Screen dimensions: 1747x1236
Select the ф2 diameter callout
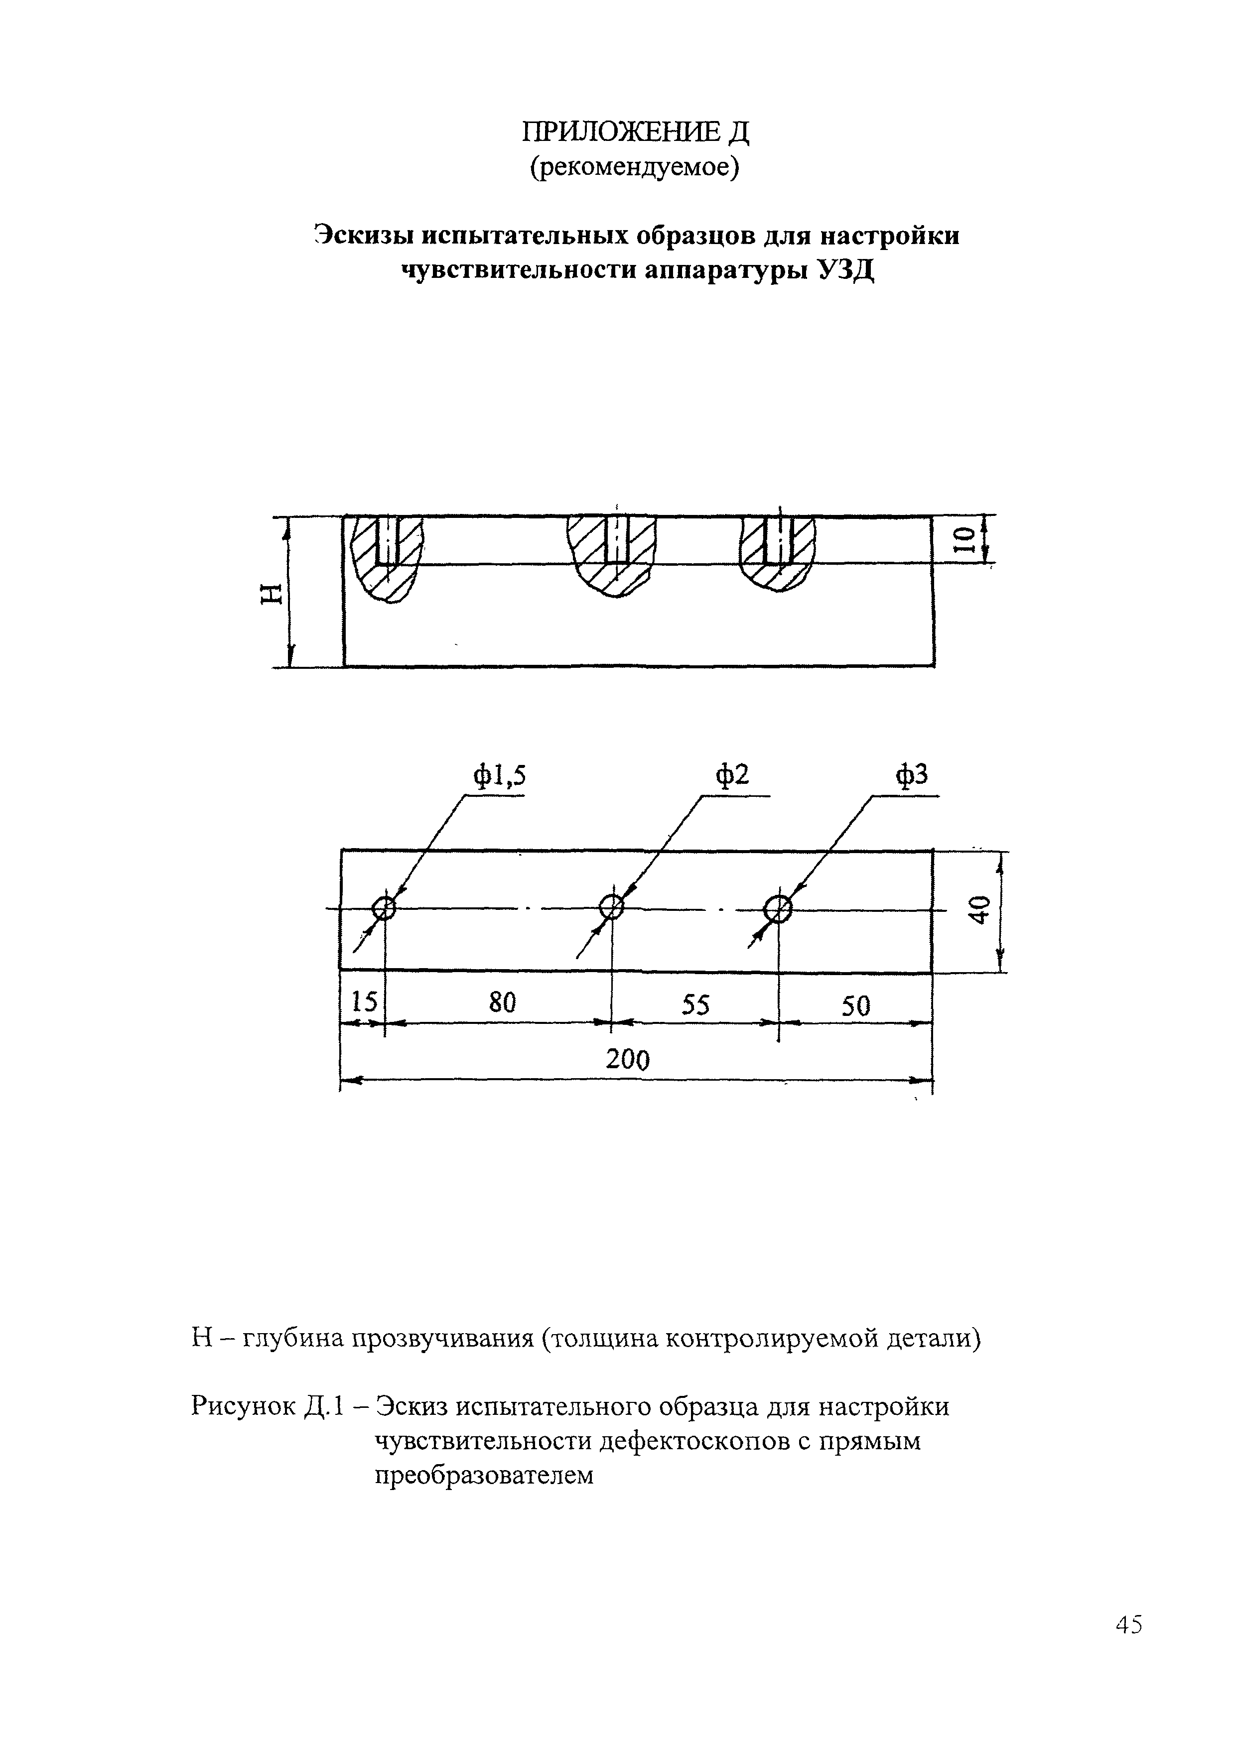coord(731,775)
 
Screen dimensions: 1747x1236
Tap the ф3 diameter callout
coord(912,776)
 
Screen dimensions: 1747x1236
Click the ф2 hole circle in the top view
coord(612,907)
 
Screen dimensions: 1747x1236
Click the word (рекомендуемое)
coord(635,168)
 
